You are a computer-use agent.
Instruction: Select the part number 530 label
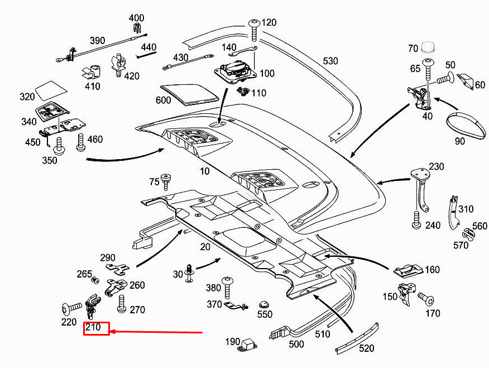pyautogui.click(x=330, y=60)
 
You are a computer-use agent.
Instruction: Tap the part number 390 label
pyautogui.click(x=97, y=41)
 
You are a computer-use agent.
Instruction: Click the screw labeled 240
pyautogui.click(x=416, y=220)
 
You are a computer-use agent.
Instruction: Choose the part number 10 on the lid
pyautogui.click(x=205, y=171)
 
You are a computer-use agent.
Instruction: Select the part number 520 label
pyautogui.click(x=366, y=348)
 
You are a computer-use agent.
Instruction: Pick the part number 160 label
pyautogui.click(x=432, y=270)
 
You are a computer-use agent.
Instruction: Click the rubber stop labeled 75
pyautogui.click(x=165, y=180)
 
